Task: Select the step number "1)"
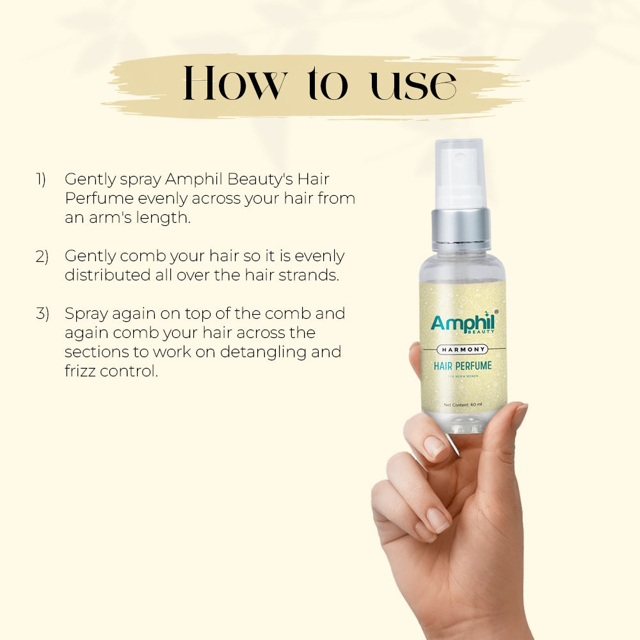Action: point(40,180)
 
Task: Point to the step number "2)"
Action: point(42,257)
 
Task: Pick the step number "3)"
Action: point(42,314)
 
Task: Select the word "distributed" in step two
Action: point(103,275)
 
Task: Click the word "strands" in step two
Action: point(313,275)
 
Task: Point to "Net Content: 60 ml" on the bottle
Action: point(463,404)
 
